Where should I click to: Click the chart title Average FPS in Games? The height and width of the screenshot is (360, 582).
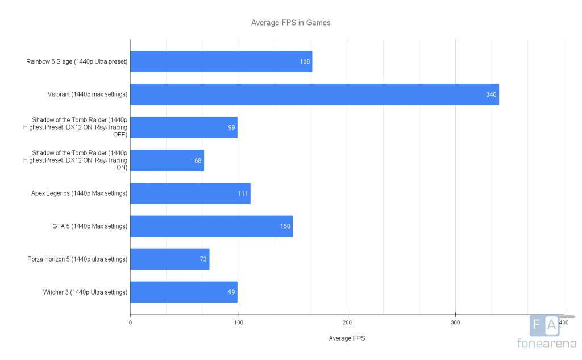coord(291,23)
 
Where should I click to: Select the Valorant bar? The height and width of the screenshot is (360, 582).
coord(314,94)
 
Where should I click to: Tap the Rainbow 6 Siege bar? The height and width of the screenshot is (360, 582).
coord(221,61)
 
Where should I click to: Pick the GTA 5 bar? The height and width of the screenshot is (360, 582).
coord(211,226)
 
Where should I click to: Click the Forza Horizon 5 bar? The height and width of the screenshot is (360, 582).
coord(169,259)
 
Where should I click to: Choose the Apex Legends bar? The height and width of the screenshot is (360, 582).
coord(190,193)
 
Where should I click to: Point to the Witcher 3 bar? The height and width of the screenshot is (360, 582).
coord(184,292)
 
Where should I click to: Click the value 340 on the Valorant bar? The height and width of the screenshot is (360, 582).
coord(491,94)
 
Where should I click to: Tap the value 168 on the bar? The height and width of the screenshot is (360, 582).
coord(305,61)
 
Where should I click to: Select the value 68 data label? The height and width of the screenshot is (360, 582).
coord(198,160)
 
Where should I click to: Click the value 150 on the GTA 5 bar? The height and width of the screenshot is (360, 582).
coord(285,226)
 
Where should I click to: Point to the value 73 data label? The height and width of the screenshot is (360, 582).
coord(203,259)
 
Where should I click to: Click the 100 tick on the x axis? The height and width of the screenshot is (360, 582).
coord(239,322)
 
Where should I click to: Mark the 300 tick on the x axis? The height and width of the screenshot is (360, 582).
coord(455,322)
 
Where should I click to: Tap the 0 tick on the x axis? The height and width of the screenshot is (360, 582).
coord(131,322)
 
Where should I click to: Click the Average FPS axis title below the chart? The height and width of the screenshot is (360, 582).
coord(347,338)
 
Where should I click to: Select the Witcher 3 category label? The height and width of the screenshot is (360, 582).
coord(85,292)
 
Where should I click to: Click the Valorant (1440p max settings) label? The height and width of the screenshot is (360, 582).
coord(88,94)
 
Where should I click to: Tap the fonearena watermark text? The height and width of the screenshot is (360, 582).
coord(545,343)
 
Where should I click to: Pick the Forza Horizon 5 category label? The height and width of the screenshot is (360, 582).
coord(77,259)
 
